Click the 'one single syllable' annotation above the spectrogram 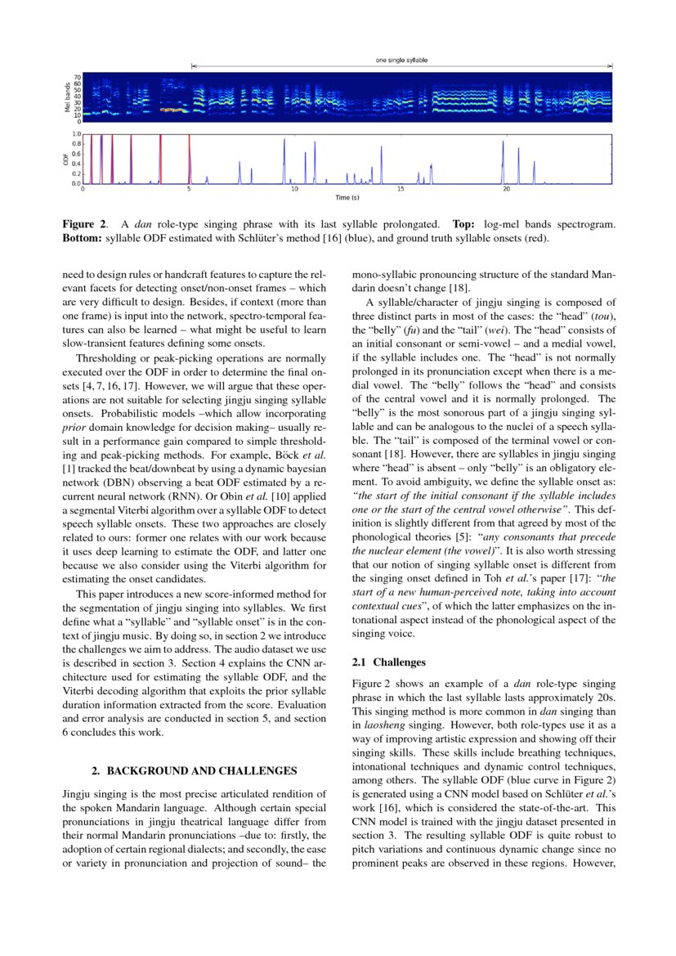point(401,61)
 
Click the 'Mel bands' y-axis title point(68,97)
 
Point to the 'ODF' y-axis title point(68,159)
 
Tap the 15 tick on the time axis point(401,189)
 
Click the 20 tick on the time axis point(506,189)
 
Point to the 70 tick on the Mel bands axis point(78,77)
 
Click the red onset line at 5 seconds point(189,159)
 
